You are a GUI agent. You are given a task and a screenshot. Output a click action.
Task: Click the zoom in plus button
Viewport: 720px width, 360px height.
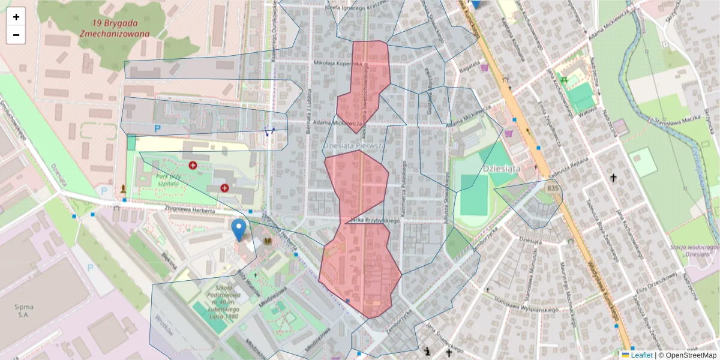[16, 17]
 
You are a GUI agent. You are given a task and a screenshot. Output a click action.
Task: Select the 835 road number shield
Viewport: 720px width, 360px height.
[553, 189]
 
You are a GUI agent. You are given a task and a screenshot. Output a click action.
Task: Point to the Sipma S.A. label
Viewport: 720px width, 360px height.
[23, 310]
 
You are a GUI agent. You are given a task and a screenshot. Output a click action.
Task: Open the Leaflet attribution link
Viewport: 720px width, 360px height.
[641, 355]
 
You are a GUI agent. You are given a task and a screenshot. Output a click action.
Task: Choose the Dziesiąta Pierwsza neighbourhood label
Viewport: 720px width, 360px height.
[354, 146]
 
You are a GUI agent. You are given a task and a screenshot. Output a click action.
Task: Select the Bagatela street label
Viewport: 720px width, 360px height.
[470, 71]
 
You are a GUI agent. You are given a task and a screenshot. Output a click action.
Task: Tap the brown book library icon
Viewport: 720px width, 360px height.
[268, 241]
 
